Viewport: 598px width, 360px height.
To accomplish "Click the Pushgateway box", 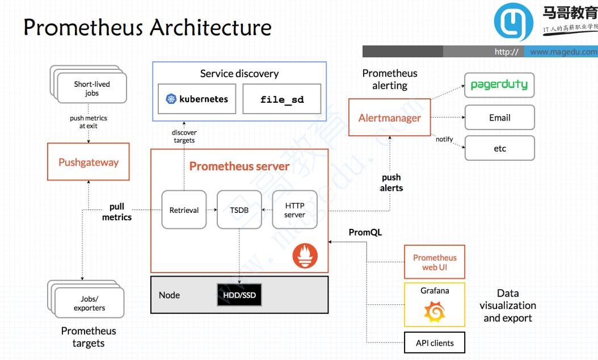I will coord(89,162).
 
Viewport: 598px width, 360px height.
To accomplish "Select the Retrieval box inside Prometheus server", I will coord(184,210).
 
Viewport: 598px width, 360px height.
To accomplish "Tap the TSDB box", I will coord(239,210).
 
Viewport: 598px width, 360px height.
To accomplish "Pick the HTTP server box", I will coord(294,210).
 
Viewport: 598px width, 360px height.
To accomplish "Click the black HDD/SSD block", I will coord(239,295).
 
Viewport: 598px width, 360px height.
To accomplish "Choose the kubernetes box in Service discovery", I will coord(197,99).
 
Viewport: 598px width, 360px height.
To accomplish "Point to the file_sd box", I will coord(281,99).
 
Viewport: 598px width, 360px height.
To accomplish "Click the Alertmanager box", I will coord(389,118).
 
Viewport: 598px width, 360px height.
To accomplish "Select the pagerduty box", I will coord(499,85).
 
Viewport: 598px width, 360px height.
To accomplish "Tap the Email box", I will coord(499,118).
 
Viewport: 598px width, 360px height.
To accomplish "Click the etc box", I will coord(499,148).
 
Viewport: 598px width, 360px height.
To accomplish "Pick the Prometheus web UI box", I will coord(435,262).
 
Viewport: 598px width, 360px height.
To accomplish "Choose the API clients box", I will coord(435,343).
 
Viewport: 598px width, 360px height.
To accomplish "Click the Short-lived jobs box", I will coord(92,89).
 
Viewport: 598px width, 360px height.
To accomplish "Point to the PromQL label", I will coord(365,232).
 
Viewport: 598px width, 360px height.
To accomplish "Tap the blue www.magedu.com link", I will coord(563,52).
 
